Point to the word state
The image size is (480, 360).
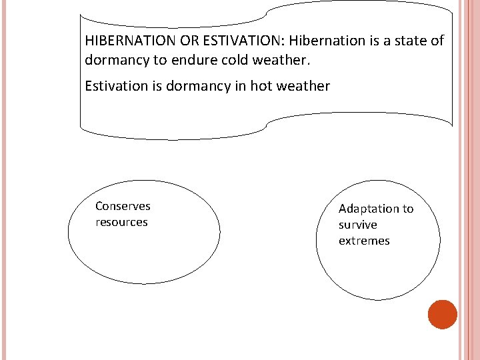(409, 41)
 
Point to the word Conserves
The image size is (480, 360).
(123, 206)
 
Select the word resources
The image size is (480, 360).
(121, 222)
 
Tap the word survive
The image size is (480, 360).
(357, 225)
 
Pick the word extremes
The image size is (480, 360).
(364, 241)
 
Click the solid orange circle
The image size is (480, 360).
(442, 315)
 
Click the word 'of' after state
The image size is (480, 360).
(436, 41)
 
